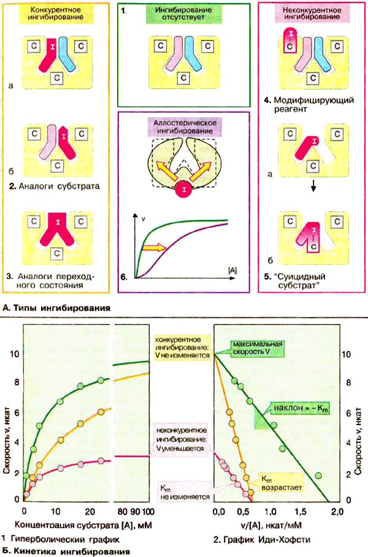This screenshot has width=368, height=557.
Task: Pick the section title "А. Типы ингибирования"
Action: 57,307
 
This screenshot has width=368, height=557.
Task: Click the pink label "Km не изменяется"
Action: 183,492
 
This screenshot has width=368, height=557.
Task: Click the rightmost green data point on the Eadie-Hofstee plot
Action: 318,475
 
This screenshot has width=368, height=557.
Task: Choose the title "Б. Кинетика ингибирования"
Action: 66,551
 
